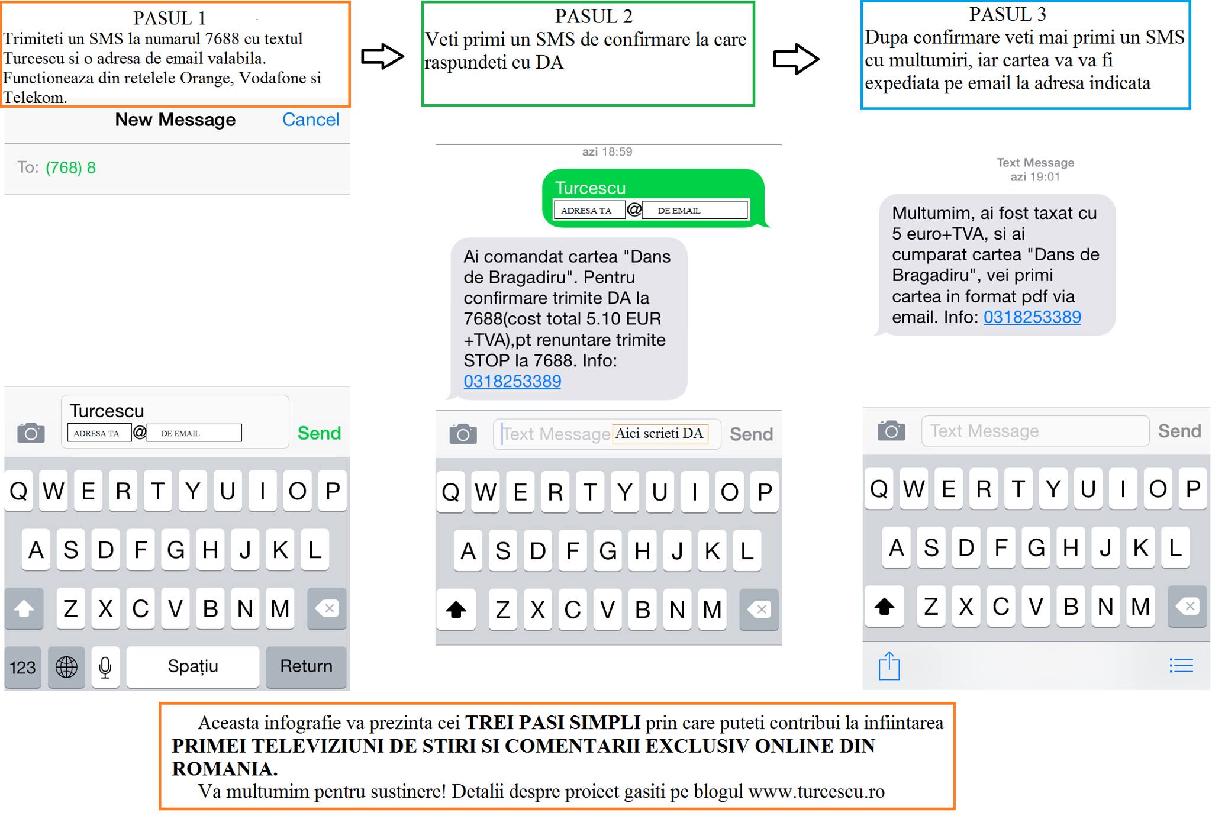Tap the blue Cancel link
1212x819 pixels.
click(x=311, y=120)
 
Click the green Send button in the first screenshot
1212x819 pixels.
click(x=319, y=433)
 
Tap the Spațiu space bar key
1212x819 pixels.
click(x=193, y=666)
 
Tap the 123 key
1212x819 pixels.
click(x=22, y=668)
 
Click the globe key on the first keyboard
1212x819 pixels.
click(x=66, y=668)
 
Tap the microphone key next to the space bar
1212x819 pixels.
click(x=105, y=668)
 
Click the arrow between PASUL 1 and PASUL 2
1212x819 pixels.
click(x=382, y=57)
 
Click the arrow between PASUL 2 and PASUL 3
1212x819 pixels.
click(x=796, y=59)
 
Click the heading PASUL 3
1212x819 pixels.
click(x=1007, y=14)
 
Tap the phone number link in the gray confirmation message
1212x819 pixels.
click(x=512, y=381)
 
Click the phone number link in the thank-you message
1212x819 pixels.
click(x=1032, y=317)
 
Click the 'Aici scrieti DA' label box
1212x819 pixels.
click(x=660, y=434)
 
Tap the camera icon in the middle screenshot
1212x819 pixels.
click(x=463, y=434)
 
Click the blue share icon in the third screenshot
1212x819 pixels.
click(x=889, y=666)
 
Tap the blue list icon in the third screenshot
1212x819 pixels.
click(x=1181, y=666)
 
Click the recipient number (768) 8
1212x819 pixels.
click(x=70, y=168)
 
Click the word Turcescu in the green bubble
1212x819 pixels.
click(x=590, y=188)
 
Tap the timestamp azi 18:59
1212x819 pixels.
click(x=607, y=152)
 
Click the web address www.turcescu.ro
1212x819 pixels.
click(x=816, y=792)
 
